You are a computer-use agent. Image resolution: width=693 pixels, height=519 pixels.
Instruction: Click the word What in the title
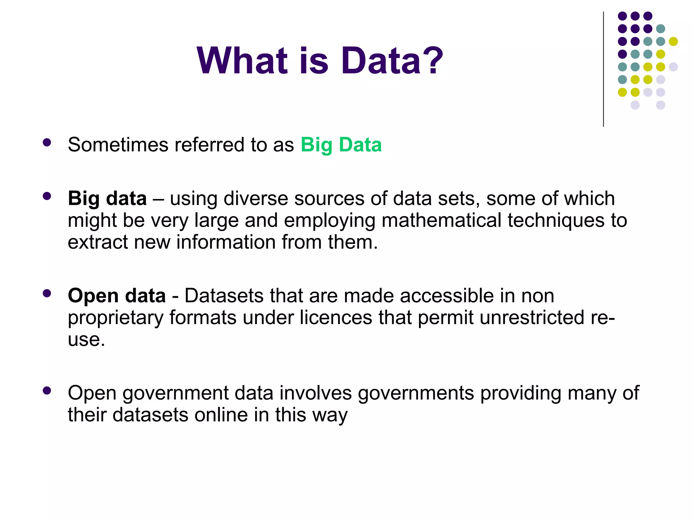click(242, 61)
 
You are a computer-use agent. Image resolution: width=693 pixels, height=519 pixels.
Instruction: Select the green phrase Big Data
click(341, 145)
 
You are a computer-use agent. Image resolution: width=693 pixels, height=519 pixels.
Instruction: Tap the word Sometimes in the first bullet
click(118, 145)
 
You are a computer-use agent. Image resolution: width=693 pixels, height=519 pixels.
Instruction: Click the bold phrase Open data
click(117, 296)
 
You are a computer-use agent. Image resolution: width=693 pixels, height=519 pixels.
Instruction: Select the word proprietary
click(115, 318)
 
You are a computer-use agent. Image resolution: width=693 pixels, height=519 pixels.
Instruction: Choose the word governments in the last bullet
click(416, 394)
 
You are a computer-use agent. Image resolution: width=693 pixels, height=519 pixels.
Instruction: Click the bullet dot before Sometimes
click(47, 143)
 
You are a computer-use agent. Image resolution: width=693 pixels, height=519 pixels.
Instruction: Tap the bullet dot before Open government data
click(47, 391)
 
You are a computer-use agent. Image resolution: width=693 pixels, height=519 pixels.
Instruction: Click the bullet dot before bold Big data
click(47, 196)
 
